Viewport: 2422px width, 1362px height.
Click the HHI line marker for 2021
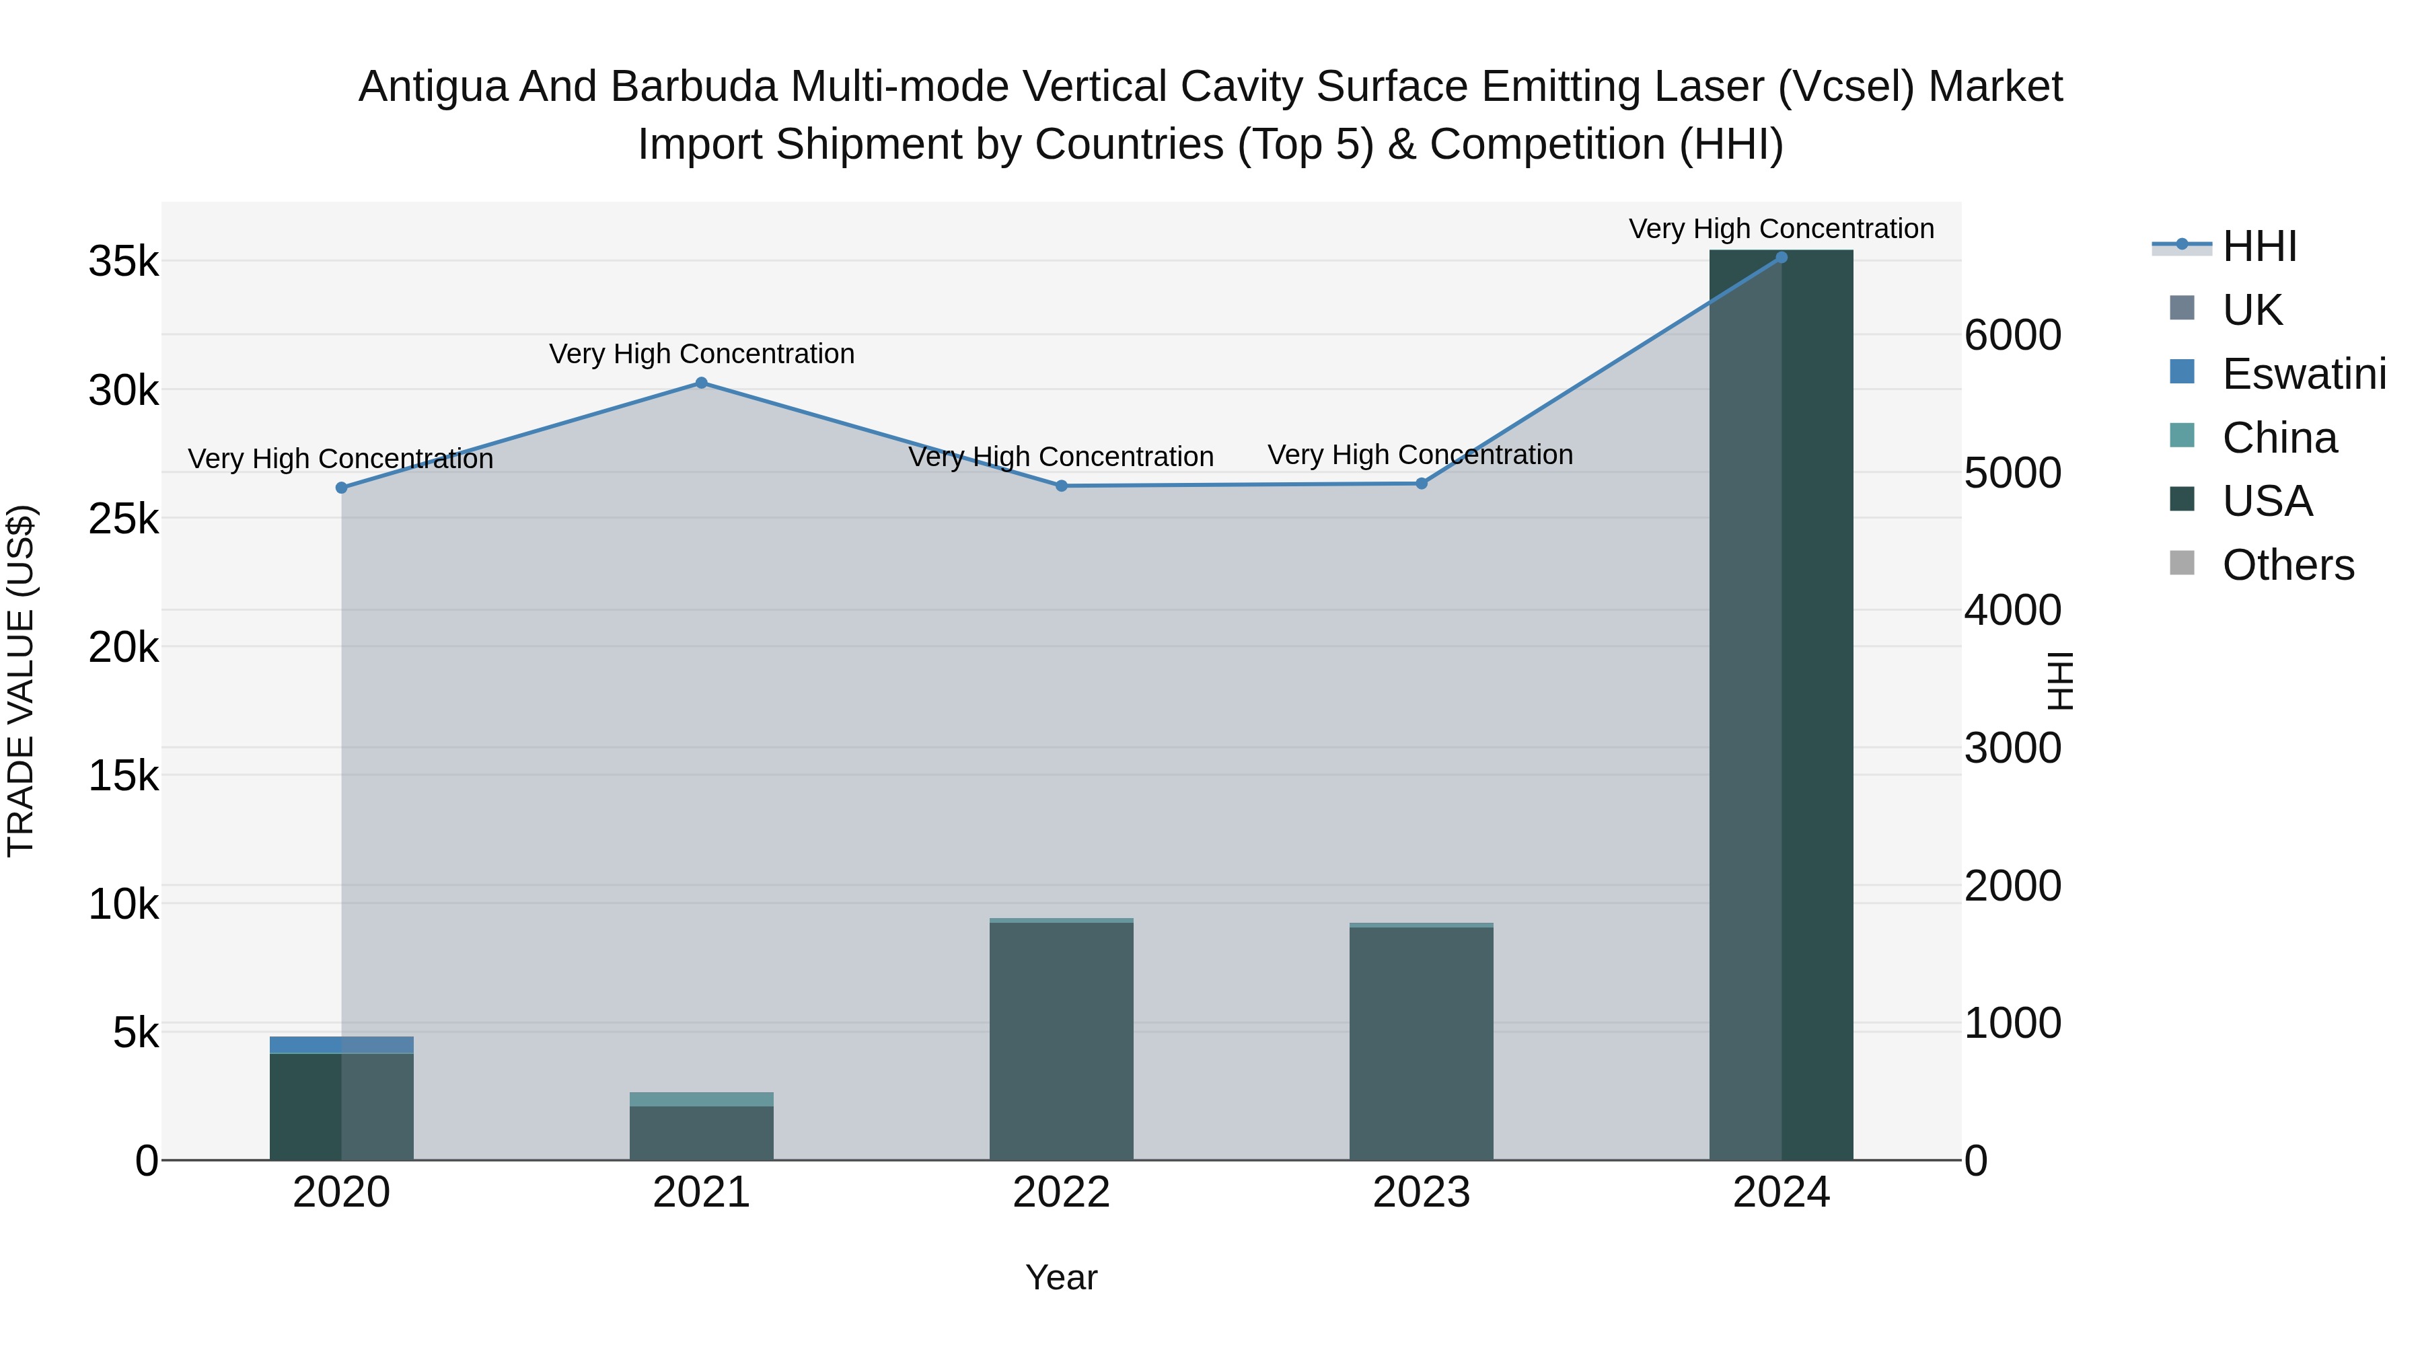point(702,383)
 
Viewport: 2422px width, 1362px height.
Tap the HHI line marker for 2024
point(1781,258)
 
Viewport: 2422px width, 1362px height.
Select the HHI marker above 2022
point(1062,486)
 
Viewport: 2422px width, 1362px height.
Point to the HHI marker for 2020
point(341,488)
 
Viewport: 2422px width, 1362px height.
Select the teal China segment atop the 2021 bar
point(702,1099)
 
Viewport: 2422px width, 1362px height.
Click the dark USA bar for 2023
point(1421,1043)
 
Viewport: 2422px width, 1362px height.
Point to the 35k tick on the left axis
point(123,262)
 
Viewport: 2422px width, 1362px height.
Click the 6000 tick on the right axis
point(2012,335)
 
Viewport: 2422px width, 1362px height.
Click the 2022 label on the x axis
point(1062,1193)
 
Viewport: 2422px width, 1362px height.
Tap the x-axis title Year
point(1062,1277)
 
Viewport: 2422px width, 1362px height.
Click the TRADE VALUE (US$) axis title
point(21,681)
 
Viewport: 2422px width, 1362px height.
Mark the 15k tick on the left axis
point(123,776)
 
